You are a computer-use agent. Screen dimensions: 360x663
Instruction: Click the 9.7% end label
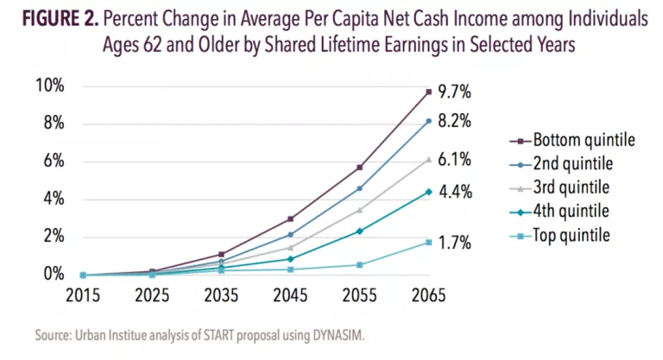pos(454,92)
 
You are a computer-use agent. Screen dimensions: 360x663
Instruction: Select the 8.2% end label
pos(454,123)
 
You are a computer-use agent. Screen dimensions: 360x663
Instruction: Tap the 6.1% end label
pos(454,161)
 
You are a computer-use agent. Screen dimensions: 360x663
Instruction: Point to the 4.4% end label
pos(454,193)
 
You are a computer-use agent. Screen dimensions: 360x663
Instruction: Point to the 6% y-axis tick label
pos(53,161)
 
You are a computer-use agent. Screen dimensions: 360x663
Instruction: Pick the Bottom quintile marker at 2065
pos(429,92)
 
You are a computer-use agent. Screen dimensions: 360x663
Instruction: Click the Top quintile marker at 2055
pos(360,264)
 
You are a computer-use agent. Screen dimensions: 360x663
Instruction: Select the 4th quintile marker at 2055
pos(360,231)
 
